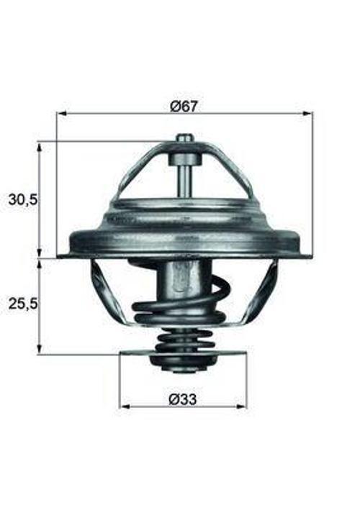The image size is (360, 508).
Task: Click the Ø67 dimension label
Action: [184, 106]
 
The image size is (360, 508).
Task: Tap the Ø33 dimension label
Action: [183, 399]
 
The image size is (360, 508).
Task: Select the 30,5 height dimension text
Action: [23, 200]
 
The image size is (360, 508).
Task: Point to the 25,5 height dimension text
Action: [23, 304]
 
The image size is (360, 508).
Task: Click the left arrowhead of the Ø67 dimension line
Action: [62, 114]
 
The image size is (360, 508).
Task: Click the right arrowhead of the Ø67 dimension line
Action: [308, 114]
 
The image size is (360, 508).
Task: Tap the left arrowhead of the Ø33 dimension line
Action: [125, 407]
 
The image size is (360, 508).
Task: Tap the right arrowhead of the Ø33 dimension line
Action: [242, 407]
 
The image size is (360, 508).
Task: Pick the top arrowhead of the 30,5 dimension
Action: [40, 147]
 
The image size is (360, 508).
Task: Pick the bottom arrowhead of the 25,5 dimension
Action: [40, 349]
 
